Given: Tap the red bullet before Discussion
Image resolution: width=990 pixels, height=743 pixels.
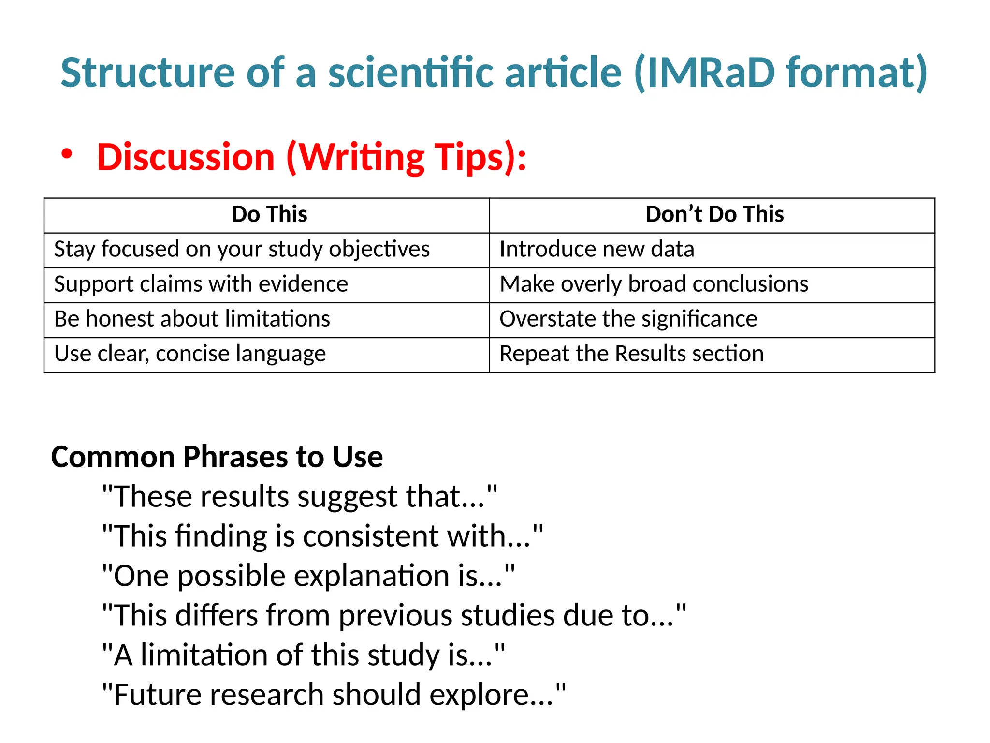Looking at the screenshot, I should (x=67, y=154).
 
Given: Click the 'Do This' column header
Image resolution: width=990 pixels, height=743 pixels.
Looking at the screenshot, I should (x=269, y=214).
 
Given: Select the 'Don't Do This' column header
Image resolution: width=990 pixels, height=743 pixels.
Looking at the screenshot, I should (x=714, y=214).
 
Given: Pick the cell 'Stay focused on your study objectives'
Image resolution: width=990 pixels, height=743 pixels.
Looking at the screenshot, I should (x=242, y=250).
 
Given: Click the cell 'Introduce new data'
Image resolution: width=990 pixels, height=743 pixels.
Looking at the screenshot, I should (x=597, y=250).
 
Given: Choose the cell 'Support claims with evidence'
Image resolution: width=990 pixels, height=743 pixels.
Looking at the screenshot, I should (x=201, y=284).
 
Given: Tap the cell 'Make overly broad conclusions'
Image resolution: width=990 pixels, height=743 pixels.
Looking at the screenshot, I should (x=654, y=284).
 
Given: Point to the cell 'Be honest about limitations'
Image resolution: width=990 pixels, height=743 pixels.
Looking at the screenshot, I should (x=192, y=319).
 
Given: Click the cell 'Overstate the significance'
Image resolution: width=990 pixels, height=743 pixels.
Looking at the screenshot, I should (x=628, y=319).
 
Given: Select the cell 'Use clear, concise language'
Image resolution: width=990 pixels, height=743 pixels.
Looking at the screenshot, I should (x=190, y=354).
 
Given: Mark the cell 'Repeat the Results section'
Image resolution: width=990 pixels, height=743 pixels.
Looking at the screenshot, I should (x=631, y=354).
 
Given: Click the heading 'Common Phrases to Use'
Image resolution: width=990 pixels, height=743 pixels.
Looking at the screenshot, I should (x=217, y=457).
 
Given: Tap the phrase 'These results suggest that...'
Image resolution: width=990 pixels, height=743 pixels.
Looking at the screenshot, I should (x=299, y=497).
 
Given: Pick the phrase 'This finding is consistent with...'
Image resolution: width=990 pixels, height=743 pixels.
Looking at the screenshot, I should (x=322, y=536).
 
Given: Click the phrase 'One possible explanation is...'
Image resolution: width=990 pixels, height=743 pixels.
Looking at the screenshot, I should (x=308, y=576).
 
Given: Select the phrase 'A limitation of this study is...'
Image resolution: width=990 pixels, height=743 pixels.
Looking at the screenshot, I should (x=304, y=655).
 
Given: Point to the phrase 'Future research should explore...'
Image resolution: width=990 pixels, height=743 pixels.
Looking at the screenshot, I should (x=334, y=695).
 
